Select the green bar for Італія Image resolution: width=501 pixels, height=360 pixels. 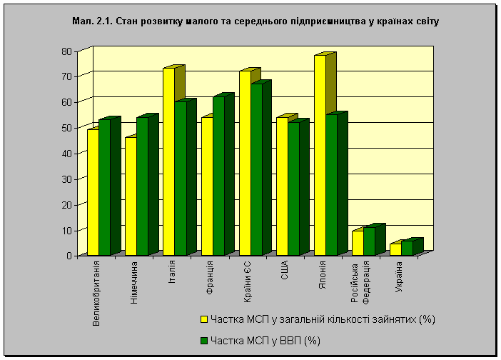tap(180, 179)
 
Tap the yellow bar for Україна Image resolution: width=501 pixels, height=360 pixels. tap(395, 249)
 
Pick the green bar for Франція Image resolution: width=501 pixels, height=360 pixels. tap(218, 176)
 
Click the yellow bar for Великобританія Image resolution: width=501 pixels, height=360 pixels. tap(93, 192)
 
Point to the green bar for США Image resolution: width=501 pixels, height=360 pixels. tap(293, 189)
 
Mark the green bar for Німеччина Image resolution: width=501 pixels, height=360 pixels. tap(142, 186)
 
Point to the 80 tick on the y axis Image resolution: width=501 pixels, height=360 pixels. tap(69, 51)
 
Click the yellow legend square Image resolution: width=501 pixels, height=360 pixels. tap(203, 319)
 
